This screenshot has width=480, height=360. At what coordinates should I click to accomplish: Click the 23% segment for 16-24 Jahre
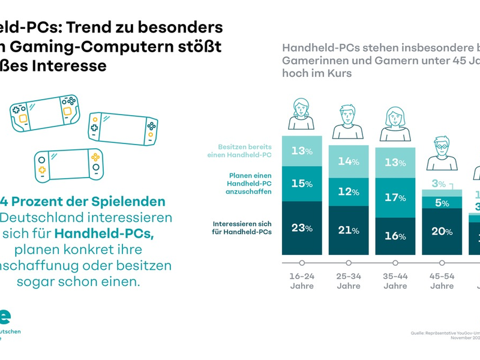302,227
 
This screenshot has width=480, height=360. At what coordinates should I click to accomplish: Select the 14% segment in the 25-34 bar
348,161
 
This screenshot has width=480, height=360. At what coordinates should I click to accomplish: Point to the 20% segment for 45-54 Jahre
442,232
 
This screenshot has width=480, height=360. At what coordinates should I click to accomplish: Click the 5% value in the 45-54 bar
442,203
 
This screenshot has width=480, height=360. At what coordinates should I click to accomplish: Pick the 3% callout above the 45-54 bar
439,184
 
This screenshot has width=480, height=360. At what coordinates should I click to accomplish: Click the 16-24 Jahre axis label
302,281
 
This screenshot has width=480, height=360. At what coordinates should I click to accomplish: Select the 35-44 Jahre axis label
395,281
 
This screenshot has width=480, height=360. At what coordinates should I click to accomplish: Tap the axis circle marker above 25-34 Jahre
349,262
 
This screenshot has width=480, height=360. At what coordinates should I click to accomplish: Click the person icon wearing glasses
442,153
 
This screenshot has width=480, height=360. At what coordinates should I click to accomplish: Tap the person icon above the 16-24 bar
302,114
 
